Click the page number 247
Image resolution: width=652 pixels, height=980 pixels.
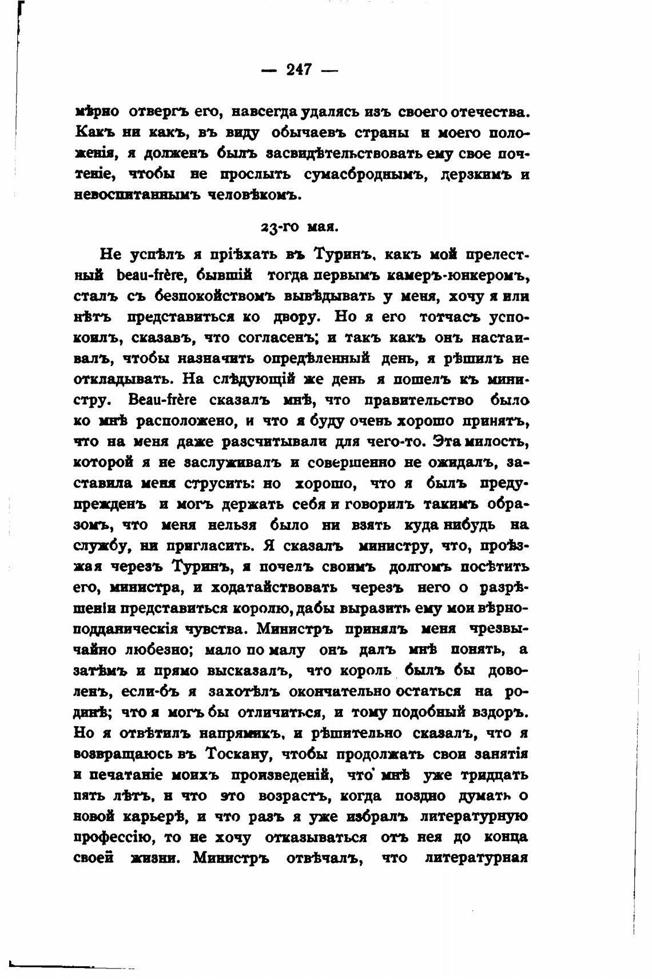[299, 70]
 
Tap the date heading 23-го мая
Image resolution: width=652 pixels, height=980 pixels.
[299, 226]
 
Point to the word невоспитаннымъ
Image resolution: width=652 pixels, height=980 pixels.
[136, 194]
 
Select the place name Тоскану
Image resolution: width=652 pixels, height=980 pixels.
[237, 754]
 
